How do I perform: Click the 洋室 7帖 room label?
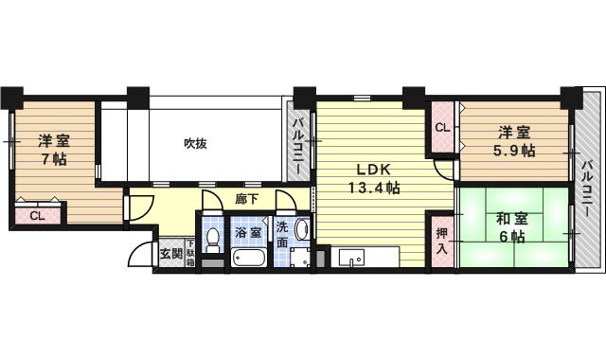pyautogui.click(x=53, y=149)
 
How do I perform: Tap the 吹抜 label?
pyautogui.click(x=195, y=144)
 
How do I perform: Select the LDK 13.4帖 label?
pyautogui.click(x=372, y=179)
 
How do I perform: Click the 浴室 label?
pyautogui.click(x=248, y=230)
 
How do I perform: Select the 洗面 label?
pyautogui.click(x=282, y=233)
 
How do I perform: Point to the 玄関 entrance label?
pyautogui.click(x=171, y=253)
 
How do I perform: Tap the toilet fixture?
pyautogui.click(x=213, y=238)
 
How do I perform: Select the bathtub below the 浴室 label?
pyautogui.click(x=249, y=258)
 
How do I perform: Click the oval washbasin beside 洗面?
pyautogui.click(x=301, y=228)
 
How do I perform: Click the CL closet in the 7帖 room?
pyautogui.click(x=36, y=216)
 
